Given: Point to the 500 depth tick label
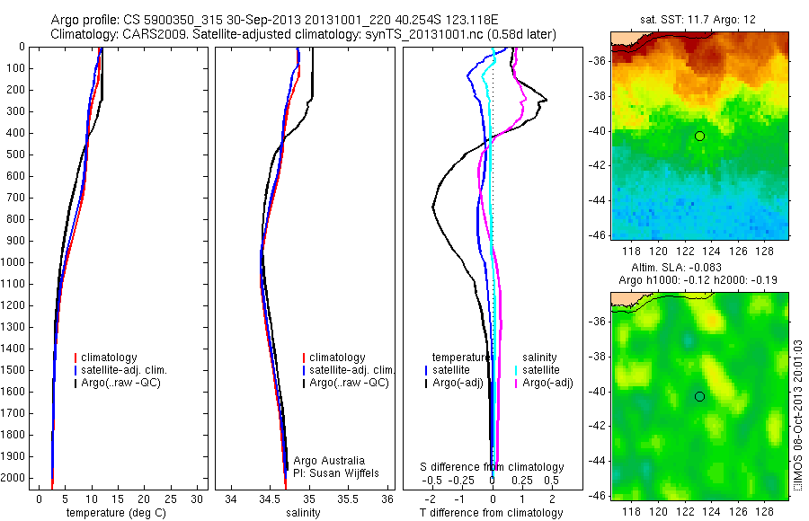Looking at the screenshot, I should pos(15,155).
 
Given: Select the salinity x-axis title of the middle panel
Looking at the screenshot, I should pos(302,513).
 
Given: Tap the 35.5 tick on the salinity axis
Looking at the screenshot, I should pos(348,499).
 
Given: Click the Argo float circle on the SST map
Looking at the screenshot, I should pos(699,136).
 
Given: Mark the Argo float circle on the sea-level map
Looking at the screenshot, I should pos(699,396).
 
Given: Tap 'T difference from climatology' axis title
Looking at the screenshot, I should pos(491,513).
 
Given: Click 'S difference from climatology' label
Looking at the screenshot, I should pos(493,467).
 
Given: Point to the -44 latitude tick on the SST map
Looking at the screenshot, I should pos(599,200).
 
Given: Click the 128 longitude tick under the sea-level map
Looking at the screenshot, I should pos(764,509).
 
